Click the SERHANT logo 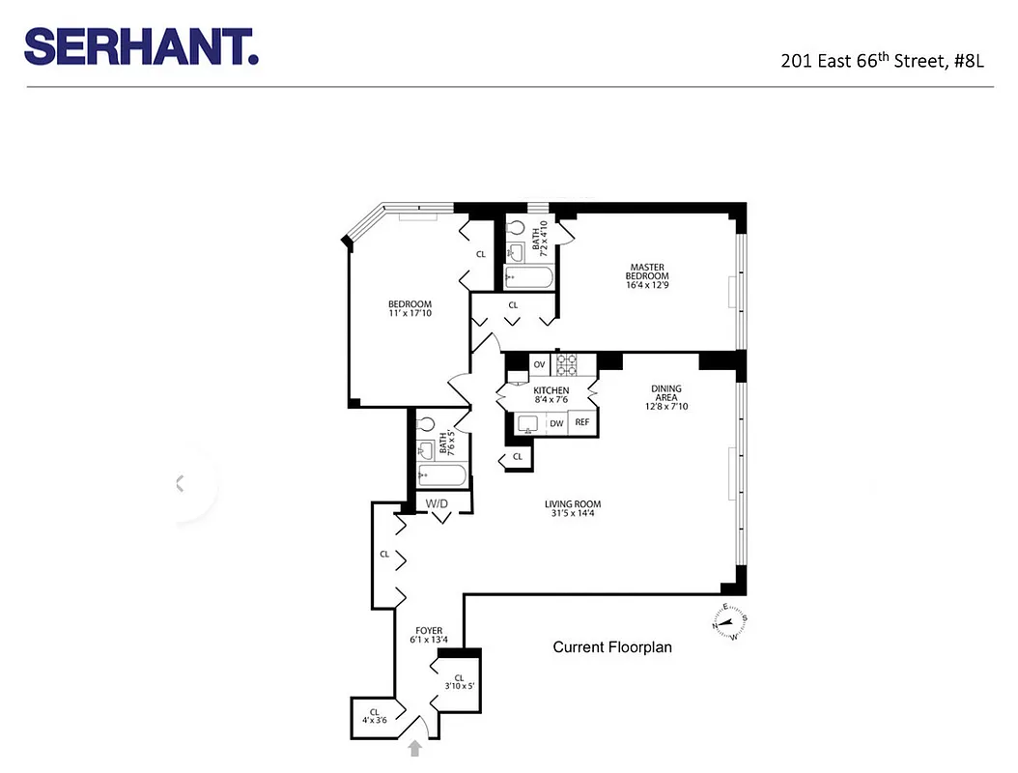(x=141, y=45)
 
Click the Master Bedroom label (x=647, y=272)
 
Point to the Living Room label (x=573, y=508)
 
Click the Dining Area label (x=665, y=397)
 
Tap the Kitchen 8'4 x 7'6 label (x=551, y=395)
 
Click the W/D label (x=438, y=504)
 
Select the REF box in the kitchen (x=581, y=422)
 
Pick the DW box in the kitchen (x=556, y=422)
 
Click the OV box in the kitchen (x=539, y=364)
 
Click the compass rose (x=732, y=621)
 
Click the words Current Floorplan (x=612, y=647)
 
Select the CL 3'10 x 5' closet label (x=459, y=682)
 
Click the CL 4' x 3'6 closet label (x=373, y=717)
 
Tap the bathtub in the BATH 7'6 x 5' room (x=442, y=476)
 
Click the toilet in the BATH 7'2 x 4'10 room (x=520, y=232)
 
